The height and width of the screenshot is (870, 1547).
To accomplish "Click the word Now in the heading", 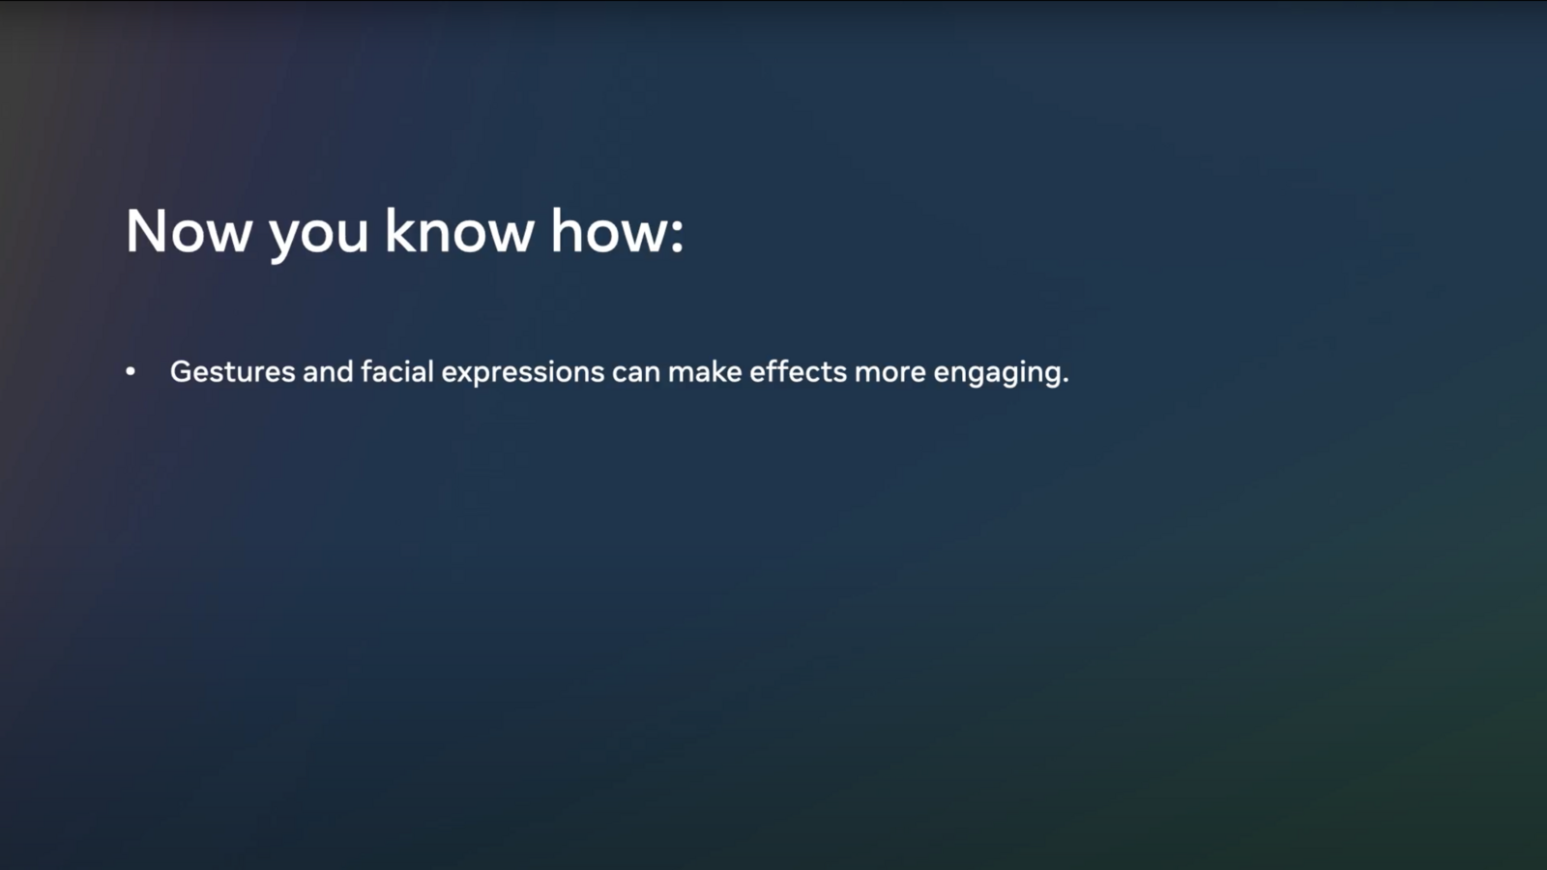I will [x=189, y=232].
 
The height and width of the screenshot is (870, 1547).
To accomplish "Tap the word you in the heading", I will [x=318, y=235].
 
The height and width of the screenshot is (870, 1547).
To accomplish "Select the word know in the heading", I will [x=459, y=232].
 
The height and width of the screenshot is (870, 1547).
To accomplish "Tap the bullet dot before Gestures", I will [x=131, y=372].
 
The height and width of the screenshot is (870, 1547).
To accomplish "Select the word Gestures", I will [x=232, y=372].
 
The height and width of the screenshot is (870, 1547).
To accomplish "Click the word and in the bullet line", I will [x=328, y=372].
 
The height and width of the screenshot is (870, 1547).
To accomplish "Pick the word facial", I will [x=397, y=372].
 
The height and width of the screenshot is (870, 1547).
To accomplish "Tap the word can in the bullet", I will [x=635, y=373].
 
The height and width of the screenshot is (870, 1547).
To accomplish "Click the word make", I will [x=705, y=372].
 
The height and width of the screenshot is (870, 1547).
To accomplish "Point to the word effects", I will [x=798, y=372].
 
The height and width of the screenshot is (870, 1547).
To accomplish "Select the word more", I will [x=890, y=373].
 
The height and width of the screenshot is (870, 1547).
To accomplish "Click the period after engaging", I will [x=1065, y=381].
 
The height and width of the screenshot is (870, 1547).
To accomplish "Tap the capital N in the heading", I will [x=146, y=232].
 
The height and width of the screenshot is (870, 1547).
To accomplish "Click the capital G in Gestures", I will [x=181, y=372].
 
